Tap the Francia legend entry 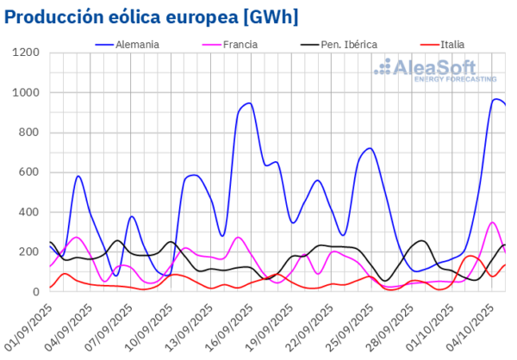(x=227, y=44)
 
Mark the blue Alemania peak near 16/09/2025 (x=249, y=103)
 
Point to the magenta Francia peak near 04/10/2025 (x=492, y=222)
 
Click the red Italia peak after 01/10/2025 (x=470, y=256)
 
